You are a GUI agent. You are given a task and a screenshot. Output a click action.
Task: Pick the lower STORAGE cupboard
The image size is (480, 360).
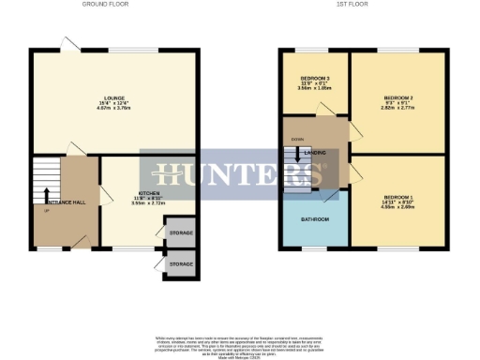(181, 264)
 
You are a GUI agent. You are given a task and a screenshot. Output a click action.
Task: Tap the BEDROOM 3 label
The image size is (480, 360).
(315, 78)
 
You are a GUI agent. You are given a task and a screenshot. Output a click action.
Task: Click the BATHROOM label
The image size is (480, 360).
(315, 219)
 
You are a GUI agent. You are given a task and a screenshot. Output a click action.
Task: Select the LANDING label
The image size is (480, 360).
(315, 152)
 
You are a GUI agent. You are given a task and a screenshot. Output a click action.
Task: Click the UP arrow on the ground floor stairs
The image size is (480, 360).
(46, 197)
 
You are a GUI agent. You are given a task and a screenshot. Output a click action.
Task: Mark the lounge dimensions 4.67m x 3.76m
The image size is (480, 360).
(115, 109)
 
